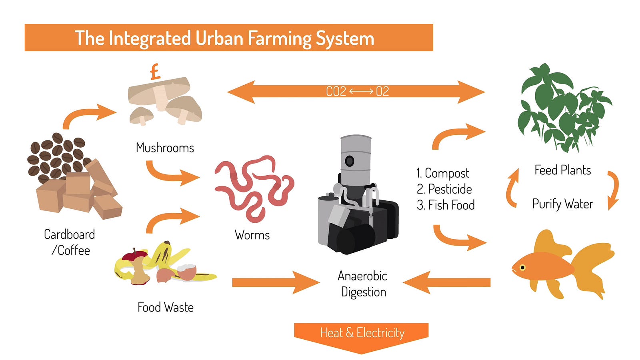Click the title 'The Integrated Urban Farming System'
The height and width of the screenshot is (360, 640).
click(224, 38)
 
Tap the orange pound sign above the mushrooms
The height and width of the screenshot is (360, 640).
click(155, 72)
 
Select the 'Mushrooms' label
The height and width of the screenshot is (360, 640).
click(165, 148)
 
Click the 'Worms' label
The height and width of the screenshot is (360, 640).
click(252, 235)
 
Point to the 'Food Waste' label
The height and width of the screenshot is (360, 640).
click(165, 307)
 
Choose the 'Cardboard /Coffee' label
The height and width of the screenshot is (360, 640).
click(70, 242)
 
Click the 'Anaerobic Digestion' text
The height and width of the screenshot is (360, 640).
click(363, 284)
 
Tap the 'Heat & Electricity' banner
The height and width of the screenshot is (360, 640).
click(362, 333)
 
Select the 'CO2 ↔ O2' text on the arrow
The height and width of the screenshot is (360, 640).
click(357, 92)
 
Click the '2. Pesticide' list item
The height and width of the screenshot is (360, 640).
click(444, 189)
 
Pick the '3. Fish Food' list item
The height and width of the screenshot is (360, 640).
click(446, 205)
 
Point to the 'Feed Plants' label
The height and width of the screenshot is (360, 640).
click(562, 170)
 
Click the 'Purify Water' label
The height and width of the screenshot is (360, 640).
click(562, 204)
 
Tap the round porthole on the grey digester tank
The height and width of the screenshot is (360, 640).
click(350, 161)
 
